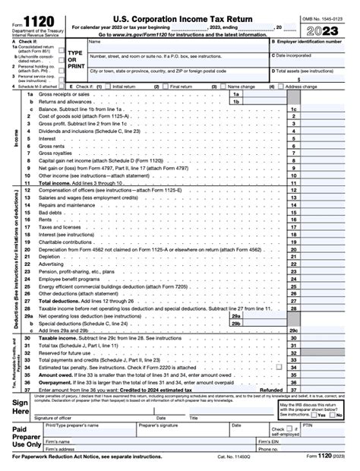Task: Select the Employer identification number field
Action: pyautogui.click(x=314, y=49)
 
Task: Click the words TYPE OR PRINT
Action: pyautogui.click(x=75, y=60)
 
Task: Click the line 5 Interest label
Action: pyautogui.click(x=47, y=138)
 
